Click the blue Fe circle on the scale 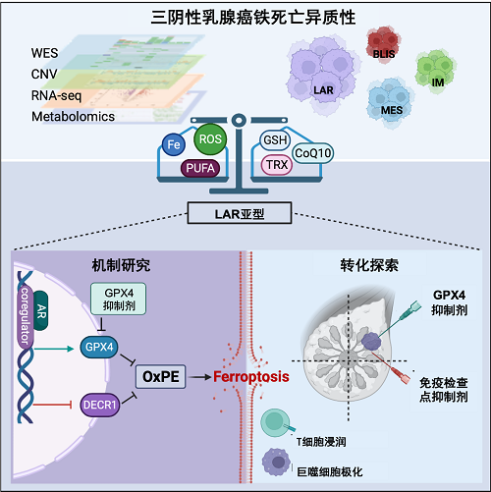[174, 144]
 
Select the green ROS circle [210, 139]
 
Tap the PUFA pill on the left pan [200, 168]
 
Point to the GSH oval [275, 140]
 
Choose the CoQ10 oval [312, 153]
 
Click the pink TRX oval [277, 165]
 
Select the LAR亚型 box [240, 213]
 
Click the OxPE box [161, 376]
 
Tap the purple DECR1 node [100, 405]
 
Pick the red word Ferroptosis [251, 377]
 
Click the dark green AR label [41, 311]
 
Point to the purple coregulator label [26, 316]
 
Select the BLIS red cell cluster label [384, 54]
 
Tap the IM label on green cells [438, 82]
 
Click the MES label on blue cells [392, 110]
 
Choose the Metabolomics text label [73, 117]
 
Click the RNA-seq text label [56, 96]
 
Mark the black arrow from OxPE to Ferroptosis [200, 377]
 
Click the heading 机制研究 [121, 265]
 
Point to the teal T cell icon [277, 422]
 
